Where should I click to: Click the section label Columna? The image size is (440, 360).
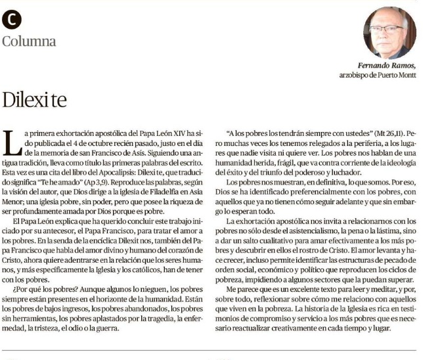coord(29,41)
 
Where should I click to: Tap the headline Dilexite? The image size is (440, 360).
coord(34,101)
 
